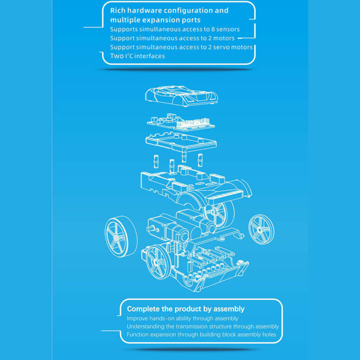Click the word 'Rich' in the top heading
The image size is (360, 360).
point(118,10)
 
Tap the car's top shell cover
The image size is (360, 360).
point(182,96)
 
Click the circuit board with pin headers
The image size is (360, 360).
point(181,122)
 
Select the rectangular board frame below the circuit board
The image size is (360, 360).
point(181,143)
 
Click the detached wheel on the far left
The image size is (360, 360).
point(121,236)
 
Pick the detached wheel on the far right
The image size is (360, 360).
point(261,229)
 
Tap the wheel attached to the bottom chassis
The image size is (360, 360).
point(158,262)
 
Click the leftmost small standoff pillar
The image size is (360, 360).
point(156,161)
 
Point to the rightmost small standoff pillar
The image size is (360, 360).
point(200,160)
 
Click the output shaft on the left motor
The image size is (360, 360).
point(152,228)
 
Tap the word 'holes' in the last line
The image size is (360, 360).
point(269,334)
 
